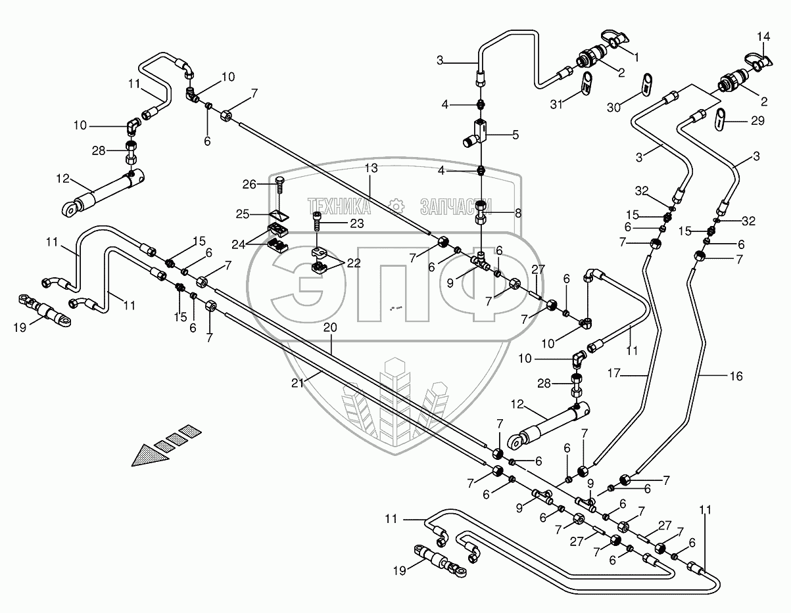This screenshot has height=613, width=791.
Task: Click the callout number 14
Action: pos(762,35)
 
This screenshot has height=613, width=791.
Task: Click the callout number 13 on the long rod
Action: pos(372,169)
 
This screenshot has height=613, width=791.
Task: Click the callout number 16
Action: pos(736,376)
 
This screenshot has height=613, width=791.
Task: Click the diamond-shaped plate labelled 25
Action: pos(279,214)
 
